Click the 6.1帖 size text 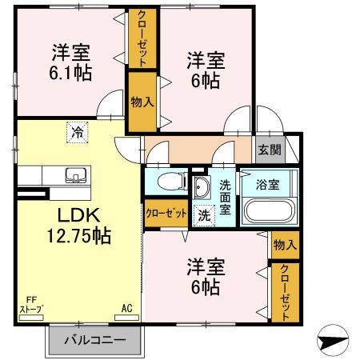pyautogui.click(x=70, y=72)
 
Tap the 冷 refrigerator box pyautogui.click(x=78, y=132)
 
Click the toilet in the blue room pyautogui.click(x=166, y=182)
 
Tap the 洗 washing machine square pyautogui.click(x=205, y=214)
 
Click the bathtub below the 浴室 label pyautogui.click(x=267, y=210)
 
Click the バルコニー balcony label pyautogui.click(x=94, y=340)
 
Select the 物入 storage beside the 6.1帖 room pyautogui.click(x=142, y=101)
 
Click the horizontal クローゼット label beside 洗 pyautogui.click(x=166, y=214)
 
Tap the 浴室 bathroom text pyautogui.click(x=267, y=184)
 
